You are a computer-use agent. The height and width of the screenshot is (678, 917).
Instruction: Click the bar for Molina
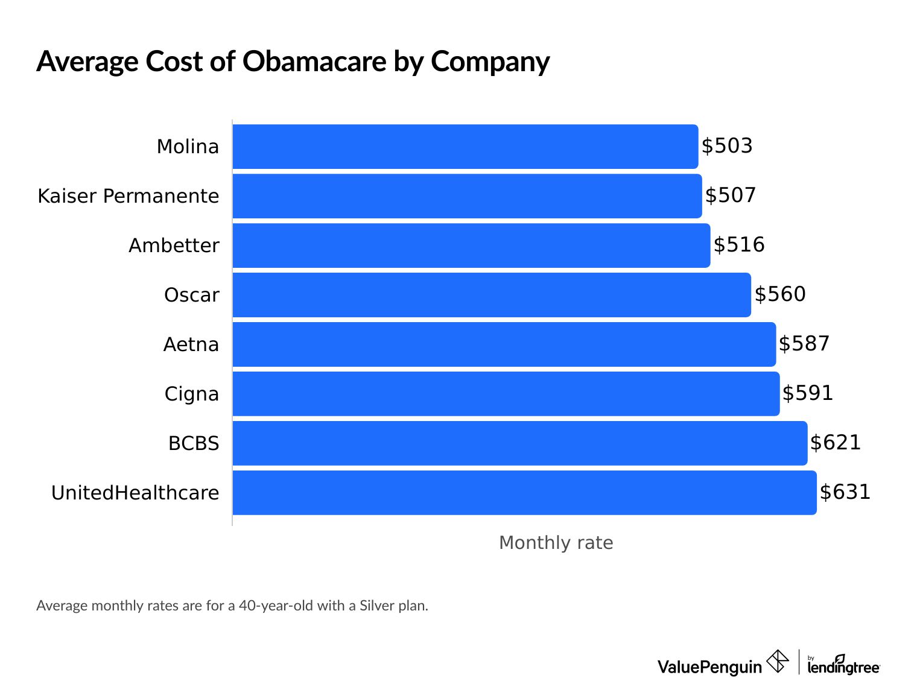click(x=465, y=147)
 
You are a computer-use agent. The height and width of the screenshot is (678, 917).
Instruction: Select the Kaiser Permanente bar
click(x=467, y=196)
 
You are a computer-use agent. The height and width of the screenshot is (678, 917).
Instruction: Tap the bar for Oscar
click(x=492, y=295)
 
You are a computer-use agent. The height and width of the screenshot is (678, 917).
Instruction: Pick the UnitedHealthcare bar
click(x=524, y=493)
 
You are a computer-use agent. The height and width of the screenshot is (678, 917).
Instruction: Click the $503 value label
click(x=727, y=146)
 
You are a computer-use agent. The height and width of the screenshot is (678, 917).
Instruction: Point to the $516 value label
click(x=739, y=245)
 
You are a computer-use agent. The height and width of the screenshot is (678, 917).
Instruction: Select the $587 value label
click(x=804, y=344)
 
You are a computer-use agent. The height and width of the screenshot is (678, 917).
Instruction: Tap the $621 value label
click(x=835, y=443)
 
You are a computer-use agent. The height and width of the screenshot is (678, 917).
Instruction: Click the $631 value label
click(x=845, y=492)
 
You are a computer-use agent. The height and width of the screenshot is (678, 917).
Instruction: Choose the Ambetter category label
click(x=174, y=246)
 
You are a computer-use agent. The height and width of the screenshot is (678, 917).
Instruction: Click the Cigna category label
click(x=191, y=394)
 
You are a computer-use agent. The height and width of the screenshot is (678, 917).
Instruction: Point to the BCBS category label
click(x=194, y=443)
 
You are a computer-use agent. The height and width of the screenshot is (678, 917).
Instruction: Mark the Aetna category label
click(x=191, y=344)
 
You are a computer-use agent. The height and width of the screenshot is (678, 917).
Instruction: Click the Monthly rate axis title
click(x=556, y=543)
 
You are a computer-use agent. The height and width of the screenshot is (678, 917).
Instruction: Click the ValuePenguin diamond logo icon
click(x=777, y=661)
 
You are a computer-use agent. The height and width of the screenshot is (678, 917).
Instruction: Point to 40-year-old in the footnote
click(x=276, y=606)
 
